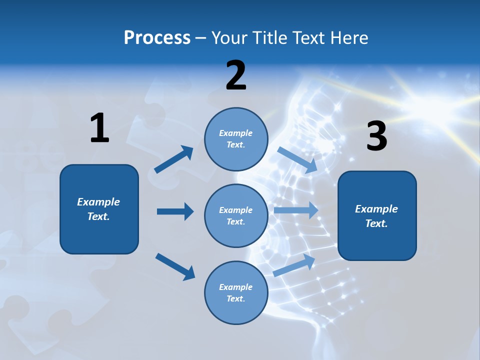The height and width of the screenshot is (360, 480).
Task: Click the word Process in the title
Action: click(x=157, y=38)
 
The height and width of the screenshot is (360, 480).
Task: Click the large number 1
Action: click(x=99, y=128)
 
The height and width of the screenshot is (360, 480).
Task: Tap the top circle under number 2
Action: click(x=236, y=139)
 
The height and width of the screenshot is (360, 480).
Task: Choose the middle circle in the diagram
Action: click(x=236, y=215)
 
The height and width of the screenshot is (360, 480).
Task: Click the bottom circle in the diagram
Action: click(x=236, y=292)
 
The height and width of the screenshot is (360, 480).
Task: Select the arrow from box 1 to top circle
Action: click(x=174, y=159)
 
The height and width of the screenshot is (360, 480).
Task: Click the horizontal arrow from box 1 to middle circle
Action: click(x=175, y=211)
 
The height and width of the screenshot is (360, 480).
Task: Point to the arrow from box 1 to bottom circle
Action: click(x=175, y=266)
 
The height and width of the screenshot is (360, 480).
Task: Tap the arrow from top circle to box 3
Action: click(x=297, y=159)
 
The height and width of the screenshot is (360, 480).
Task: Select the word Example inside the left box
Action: click(x=98, y=202)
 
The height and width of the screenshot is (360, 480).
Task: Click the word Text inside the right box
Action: click(x=376, y=223)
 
